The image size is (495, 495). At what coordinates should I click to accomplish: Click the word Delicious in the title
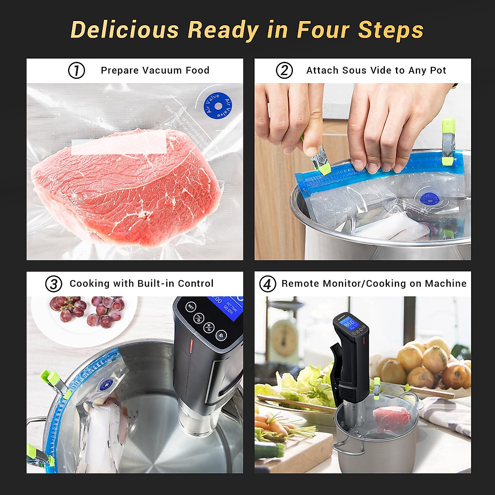[x=125, y=30]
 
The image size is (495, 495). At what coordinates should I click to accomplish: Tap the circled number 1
[x=76, y=71]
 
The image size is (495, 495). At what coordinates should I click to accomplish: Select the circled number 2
[x=284, y=71]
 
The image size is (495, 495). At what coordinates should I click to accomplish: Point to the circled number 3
[x=54, y=284]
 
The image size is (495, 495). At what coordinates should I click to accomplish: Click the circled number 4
[x=267, y=284]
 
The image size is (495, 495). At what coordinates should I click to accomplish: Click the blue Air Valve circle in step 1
[x=218, y=105]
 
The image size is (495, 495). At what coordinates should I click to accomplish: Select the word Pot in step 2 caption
[x=438, y=71]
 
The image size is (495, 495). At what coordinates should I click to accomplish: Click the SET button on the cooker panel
[x=191, y=306]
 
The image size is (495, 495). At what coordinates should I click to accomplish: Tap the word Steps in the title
[x=391, y=30]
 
